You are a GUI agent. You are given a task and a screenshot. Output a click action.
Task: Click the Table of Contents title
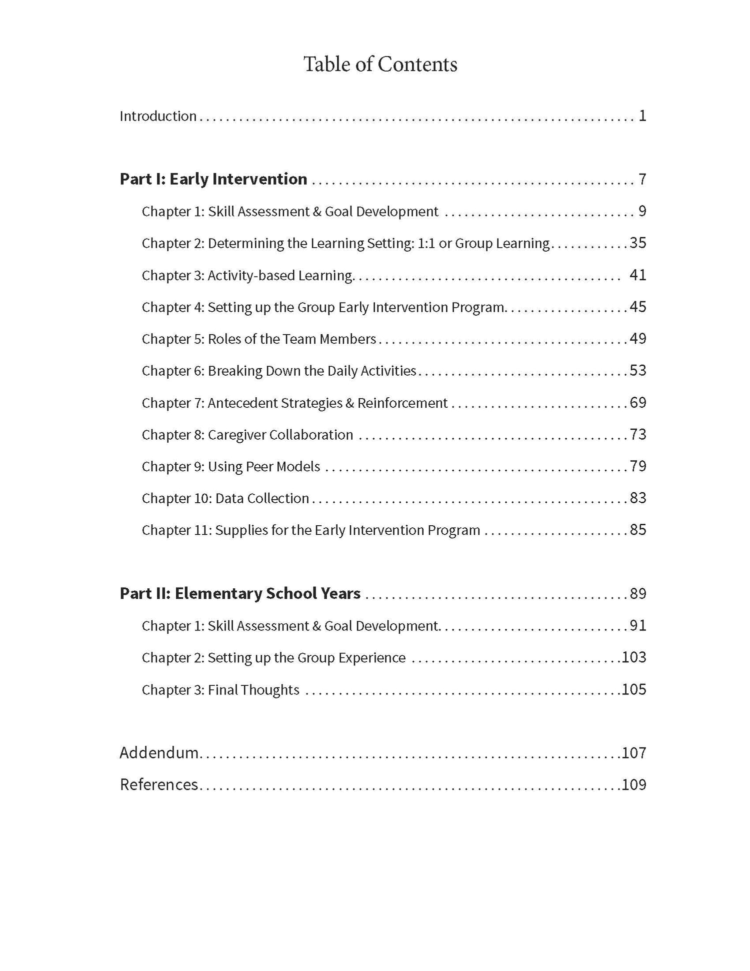coord(380,65)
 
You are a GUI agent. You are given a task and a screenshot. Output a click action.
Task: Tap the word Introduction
coord(158,116)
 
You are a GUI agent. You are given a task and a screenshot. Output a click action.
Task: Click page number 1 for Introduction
coord(642,116)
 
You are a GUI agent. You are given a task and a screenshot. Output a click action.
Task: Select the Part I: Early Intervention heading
coord(213,179)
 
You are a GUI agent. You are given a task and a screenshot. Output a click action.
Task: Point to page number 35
coord(638,243)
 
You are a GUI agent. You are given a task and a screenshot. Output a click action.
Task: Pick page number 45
coord(638,307)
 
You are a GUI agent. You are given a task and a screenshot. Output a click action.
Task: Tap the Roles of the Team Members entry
coord(258,339)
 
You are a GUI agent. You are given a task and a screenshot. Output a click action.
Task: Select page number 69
coord(638,403)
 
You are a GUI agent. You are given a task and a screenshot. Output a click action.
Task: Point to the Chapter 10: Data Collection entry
coord(225,499)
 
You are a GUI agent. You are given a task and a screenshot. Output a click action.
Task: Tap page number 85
coord(638,530)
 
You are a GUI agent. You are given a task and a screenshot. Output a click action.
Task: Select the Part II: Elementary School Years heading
coord(240,594)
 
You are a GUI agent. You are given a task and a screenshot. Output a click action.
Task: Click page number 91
coord(638,626)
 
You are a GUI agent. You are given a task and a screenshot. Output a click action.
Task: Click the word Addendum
coord(159,753)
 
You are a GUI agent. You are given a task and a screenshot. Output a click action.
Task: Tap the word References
coord(159,784)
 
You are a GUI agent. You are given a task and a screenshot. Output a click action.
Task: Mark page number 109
coord(634,784)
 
